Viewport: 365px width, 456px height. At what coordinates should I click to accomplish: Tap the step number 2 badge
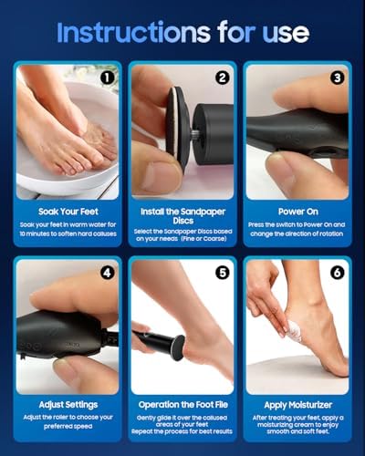(221, 78)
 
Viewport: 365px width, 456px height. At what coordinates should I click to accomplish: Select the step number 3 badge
(338, 78)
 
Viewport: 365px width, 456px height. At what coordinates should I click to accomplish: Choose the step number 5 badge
(222, 272)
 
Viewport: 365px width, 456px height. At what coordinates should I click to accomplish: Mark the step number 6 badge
(338, 272)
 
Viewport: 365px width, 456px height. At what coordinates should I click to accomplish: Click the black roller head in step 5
(167, 345)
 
